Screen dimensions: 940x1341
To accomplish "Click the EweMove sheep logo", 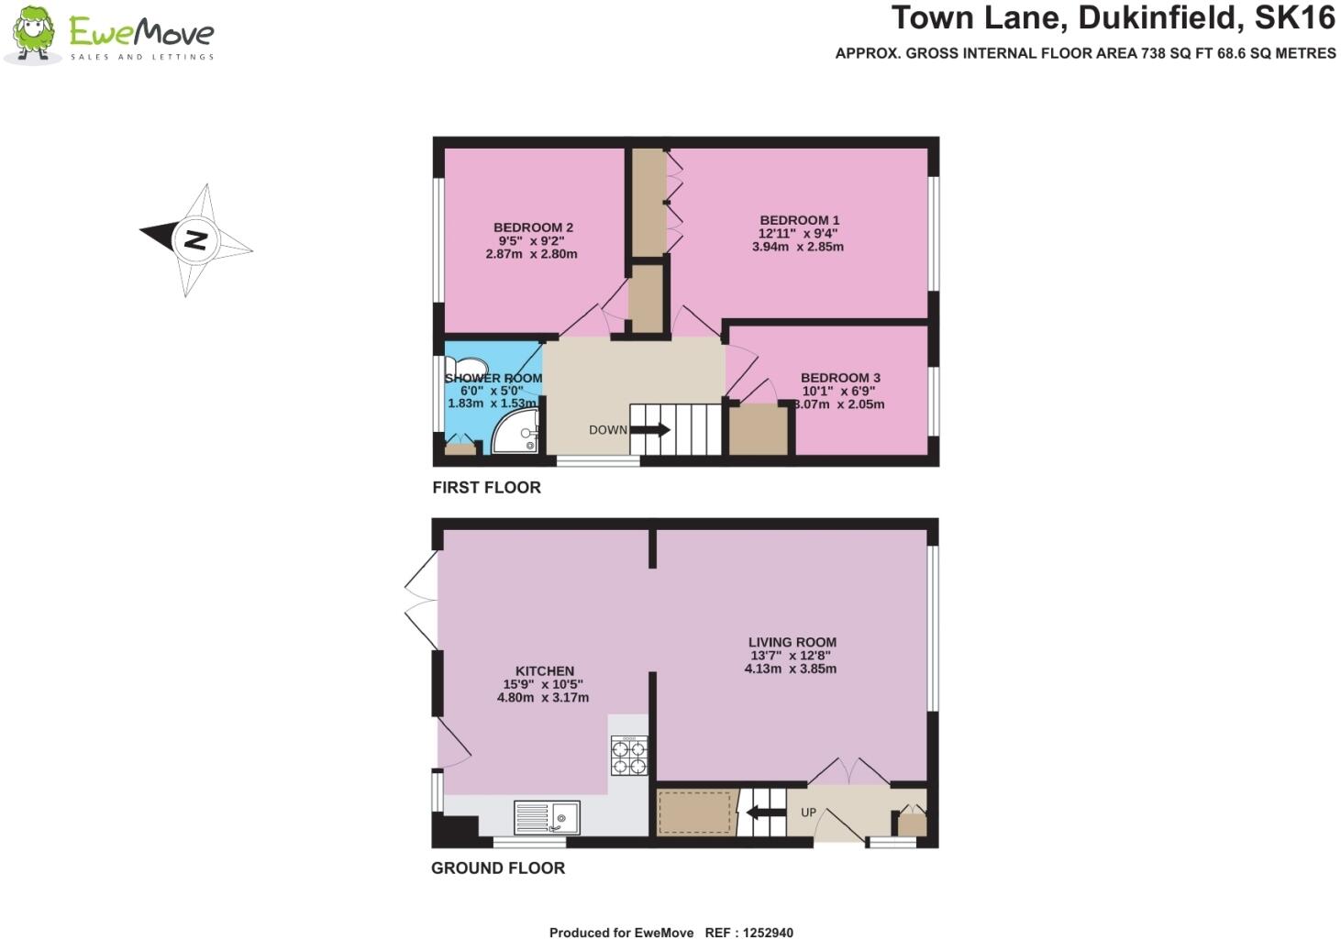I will [x=34, y=35].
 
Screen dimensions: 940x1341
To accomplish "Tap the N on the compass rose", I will [x=195, y=239].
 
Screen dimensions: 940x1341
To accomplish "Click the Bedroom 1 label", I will [x=799, y=220].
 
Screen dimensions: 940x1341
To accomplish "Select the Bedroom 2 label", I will [x=533, y=227].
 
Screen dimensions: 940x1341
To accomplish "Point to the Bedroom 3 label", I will [x=840, y=378].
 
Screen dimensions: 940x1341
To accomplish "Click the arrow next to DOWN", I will [x=651, y=429].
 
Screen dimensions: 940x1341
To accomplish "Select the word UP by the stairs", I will [x=808, y=813].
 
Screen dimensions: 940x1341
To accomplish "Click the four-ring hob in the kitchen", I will [x=628, y=756].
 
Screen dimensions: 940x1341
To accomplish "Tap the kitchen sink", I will [x=548, y=817].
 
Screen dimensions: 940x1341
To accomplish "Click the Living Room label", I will [x=792, y=642].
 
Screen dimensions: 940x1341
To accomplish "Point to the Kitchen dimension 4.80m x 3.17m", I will [x=543, y=697].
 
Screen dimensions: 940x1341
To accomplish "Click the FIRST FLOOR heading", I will [x=486, y=488].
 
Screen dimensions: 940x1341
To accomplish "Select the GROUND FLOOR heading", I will [x=498, y=868].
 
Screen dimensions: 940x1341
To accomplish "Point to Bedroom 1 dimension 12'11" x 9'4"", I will [x=798, y=234].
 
